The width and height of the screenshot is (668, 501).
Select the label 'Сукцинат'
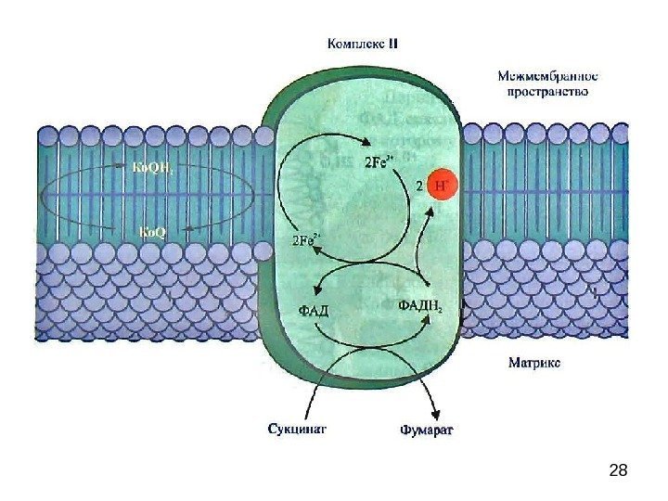297,430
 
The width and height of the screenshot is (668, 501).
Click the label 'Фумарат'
427,430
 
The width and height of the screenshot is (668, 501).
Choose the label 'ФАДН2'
419,304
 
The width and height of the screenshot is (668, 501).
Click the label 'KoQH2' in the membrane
145,169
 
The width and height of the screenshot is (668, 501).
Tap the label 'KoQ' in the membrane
152,231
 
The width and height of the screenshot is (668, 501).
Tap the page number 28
618,471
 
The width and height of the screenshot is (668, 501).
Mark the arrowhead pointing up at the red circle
430,215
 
